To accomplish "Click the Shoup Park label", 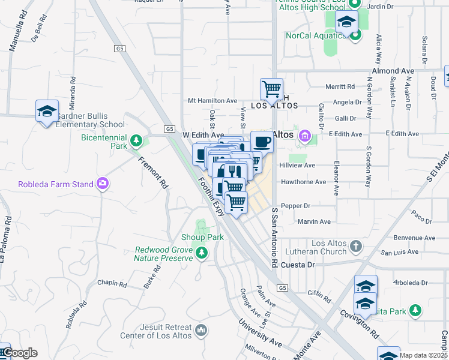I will pyautogui.click(x=203, y=237).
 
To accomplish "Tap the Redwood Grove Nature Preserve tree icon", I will pyautogui.click(x=202, y=253).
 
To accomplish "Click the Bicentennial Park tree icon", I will pyautogui.click(x=137, y=141).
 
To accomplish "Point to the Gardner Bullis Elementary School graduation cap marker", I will pyautogui.click(x=47, y=111).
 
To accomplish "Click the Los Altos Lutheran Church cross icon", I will pyautogui.click(x=356, y=246).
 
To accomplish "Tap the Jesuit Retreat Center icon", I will pyautogui.click(x=201, y=329).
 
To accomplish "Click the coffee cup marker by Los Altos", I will pyautogui.click(x=262, y=142).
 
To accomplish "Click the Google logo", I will pyautogui.click(x=19, y=352).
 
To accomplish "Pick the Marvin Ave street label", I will pyautogui.click(x=314, y=221).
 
